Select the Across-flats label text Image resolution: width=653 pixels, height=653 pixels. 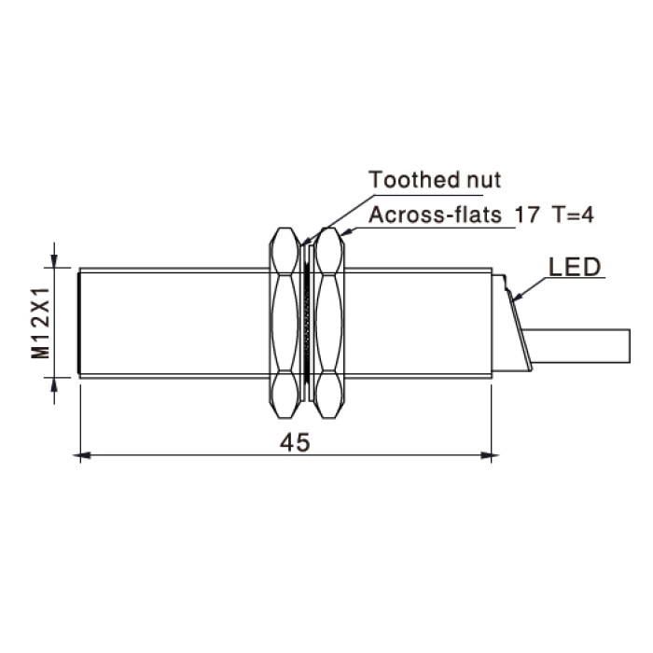[x=436, y=215]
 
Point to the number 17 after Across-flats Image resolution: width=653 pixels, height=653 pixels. [x=527, y=215]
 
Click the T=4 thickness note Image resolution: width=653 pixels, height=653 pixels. [x=573, y=215]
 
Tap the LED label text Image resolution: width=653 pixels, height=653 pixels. [x=575, y=267]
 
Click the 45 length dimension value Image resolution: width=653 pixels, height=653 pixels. [x=295, y=442]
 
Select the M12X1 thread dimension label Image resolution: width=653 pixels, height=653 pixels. [x=41, y=323]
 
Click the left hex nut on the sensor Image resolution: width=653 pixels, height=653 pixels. [x=285, y=323]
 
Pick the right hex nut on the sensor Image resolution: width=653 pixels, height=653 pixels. [x=329, y=323]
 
